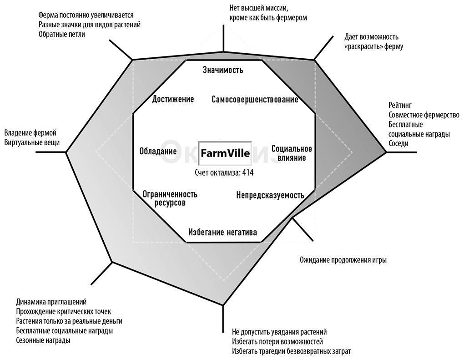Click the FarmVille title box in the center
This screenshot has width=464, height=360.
click(225, 153)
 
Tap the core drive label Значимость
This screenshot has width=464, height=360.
click(223, 70)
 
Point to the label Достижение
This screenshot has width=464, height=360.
click(173, 99)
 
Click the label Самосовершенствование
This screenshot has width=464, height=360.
click(255, 99)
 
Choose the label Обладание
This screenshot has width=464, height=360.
click(158, 151)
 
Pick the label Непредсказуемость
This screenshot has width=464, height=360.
click(270, 195)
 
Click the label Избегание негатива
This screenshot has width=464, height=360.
click(222, 233)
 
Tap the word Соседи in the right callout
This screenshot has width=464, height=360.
click(398, 143)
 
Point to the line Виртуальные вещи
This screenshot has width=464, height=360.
click(31, 143)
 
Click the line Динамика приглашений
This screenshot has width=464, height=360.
click(51, 302)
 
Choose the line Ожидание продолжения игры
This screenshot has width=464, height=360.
click(343, 260)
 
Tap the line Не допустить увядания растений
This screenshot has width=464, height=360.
click(279, 332)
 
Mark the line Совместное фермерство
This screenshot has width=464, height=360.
click(424, 115)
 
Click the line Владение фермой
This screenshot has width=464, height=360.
click(30, 133)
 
